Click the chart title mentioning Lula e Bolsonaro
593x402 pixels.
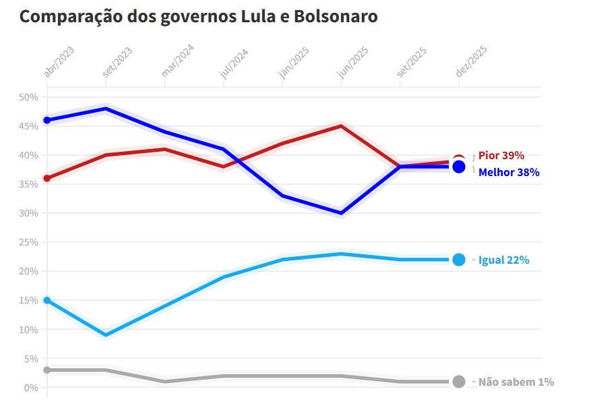pyautogui.click(x=198, y=17)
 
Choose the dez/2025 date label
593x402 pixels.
pyautogui.click(x=472, y=63)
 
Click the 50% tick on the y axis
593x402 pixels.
pyautogui.click(x=28, y=97)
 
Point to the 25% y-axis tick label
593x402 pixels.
pyautogui.click(x=28, y=242)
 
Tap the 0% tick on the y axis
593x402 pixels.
pyautogui.click(x=30, y=388)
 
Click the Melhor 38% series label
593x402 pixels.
pyautogui.click(x=508, y=173)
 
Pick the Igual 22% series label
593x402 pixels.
pyautogui.click(x=503, y=260)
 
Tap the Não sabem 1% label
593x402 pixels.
pyautogui.click(x=516, y=382)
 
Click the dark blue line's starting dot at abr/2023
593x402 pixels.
pyautogui.click(x=47, y=120)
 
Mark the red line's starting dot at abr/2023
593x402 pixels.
pyautogui.click(x=47, y=178)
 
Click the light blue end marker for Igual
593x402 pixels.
pyautogui.click(x=459, y=260)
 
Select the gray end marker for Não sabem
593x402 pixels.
pyautogui.click(x=459, y=382)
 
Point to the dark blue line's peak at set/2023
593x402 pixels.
pyautogui.click(x=106, y=109)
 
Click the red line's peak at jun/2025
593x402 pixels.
pyautogui.click(x=342, y=126)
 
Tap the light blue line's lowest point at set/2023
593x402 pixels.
pyautogui.click(x=106, y=335)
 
